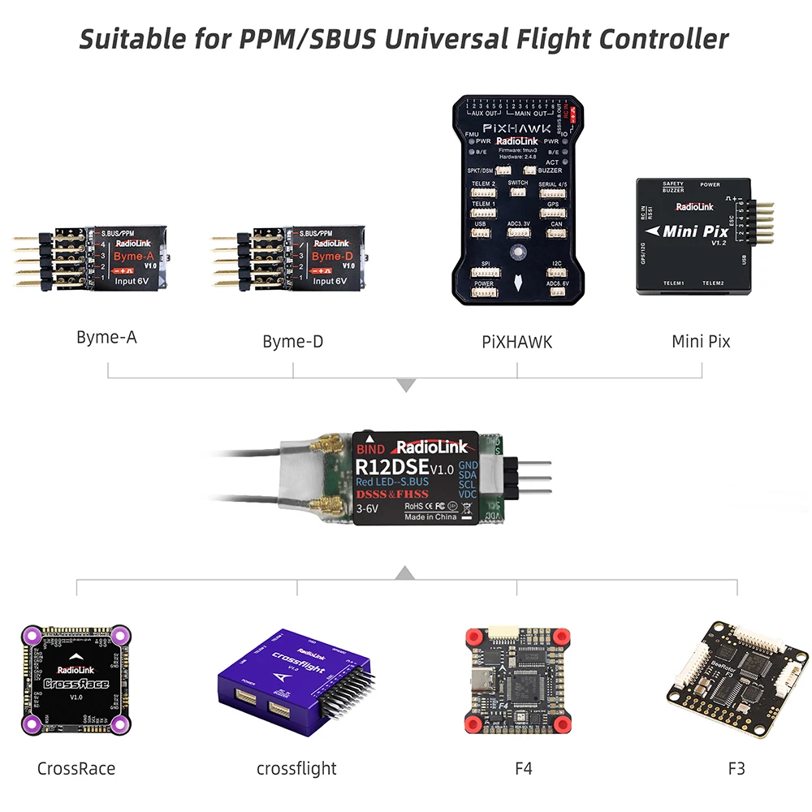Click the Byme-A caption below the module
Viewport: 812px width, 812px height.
106,337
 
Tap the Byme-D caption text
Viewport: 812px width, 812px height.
292,341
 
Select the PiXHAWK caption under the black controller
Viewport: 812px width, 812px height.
516,341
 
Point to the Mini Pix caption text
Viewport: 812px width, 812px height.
701,341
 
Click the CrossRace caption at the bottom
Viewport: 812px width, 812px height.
76,767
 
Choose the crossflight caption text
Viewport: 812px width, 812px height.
296,767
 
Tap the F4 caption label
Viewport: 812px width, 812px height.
523,767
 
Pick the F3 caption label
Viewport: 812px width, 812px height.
736,767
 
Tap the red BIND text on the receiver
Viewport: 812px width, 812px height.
370,447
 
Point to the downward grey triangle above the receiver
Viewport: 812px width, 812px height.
405,385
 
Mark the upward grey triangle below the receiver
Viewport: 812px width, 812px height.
404,574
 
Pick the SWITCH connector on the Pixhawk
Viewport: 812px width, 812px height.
517,193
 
